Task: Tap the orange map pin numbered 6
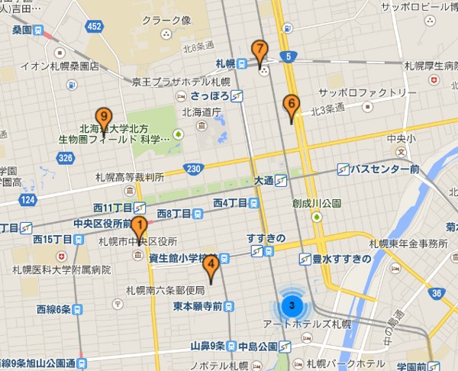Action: (290, 104)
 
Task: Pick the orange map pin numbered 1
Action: (139, 226)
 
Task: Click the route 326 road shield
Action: (65, 157)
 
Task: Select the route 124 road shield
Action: (28, 199)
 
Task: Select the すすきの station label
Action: (266, 239)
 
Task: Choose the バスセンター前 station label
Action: (385, 169)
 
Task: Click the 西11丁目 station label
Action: (113, 208)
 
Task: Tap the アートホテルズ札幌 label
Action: (316, 324)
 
